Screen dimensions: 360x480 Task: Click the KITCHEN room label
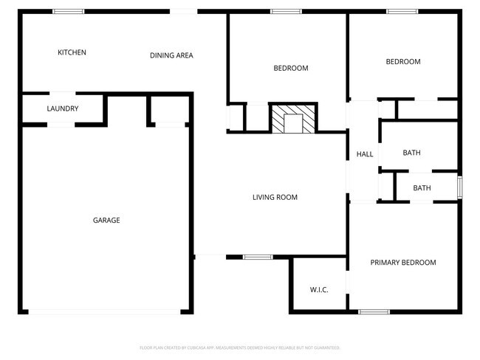point(72,52)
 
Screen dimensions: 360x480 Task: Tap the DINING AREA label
point(171,55)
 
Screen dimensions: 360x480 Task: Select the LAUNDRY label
point(63,109)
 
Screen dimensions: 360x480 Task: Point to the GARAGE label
point(106,220)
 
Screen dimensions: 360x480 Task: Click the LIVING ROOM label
point(275,197)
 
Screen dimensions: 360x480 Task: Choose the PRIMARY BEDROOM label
point(402,263)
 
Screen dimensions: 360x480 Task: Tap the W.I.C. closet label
point(319,289)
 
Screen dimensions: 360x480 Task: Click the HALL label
point(365,154)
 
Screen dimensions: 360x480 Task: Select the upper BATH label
point(411,153)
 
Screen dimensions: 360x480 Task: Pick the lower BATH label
point(422,188)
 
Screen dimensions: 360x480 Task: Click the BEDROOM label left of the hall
point(291,69)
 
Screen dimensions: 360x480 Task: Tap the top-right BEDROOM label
point(403,62)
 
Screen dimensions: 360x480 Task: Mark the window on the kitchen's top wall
point(68,12)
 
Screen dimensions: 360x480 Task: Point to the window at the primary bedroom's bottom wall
point(374,312)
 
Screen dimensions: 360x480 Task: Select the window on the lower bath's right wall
point(459,187)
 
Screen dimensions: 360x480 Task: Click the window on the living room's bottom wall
point(258,257)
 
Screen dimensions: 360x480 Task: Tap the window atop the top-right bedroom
point(402,12)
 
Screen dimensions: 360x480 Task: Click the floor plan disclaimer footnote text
point(239,347)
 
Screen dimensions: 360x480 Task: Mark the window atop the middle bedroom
point(286,12)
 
